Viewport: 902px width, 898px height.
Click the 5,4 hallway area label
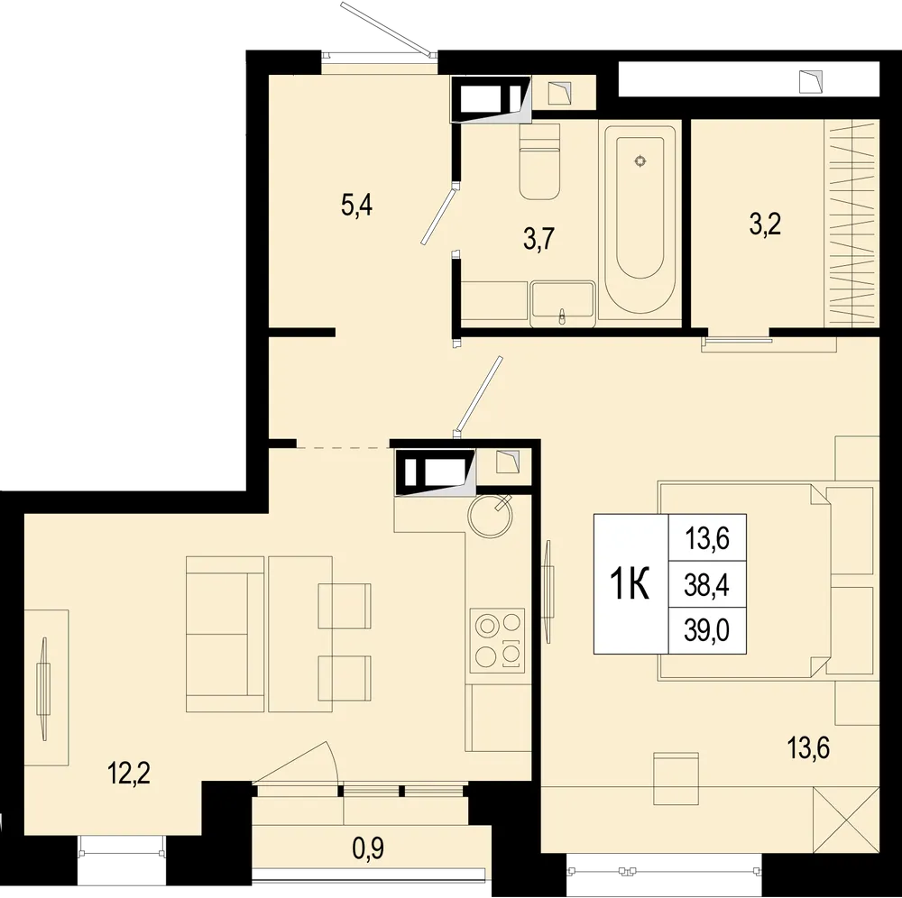357,206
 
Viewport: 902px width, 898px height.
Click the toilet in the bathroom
539,162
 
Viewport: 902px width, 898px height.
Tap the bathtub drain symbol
640,161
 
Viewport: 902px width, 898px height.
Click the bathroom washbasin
562,303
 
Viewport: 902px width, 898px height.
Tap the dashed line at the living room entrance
342,446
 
